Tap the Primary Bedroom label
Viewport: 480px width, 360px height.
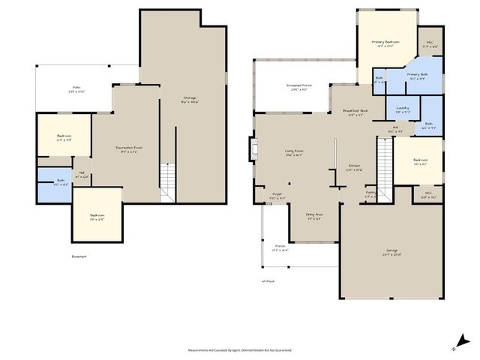coord(385,43)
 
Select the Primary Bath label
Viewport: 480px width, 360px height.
coord(418,76)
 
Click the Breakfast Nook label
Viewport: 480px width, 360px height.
coord(353,113)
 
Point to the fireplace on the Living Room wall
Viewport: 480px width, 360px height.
coord(253,145)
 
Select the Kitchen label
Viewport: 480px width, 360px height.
coord(353,169)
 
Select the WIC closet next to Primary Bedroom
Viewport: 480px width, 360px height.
coord(430,44)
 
